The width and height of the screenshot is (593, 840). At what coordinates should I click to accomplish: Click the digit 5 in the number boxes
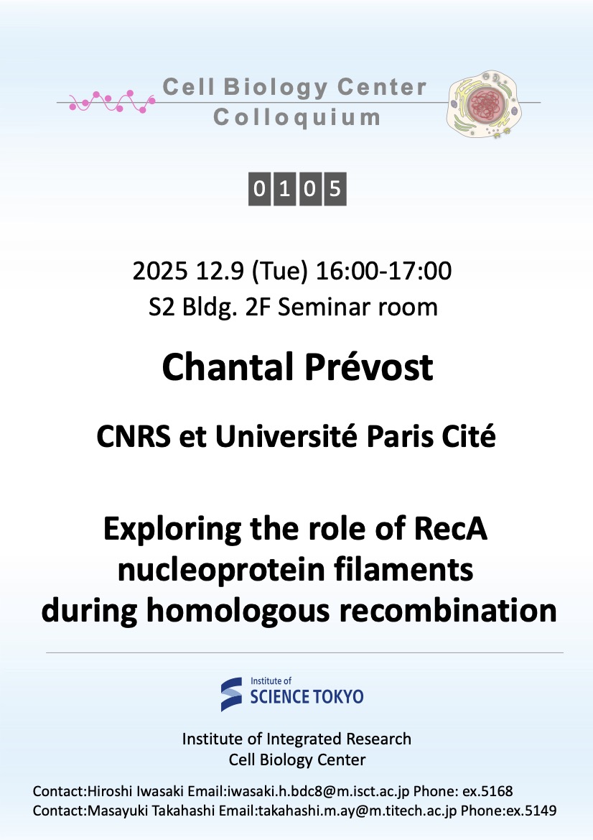(335, 188)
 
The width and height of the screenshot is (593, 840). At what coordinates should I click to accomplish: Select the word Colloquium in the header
(297, 118)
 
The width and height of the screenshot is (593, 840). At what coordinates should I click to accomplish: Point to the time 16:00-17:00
(384, 270)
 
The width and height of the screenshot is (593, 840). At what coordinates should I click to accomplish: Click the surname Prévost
(369, 367)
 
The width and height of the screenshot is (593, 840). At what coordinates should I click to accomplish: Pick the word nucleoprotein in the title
(222, 570)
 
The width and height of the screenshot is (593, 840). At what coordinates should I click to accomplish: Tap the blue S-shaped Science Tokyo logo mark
(232, 694)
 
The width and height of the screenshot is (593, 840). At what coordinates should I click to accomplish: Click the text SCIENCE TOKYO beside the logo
(307, 696)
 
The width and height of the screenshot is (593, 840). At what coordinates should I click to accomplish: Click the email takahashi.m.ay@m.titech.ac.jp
(358, 811)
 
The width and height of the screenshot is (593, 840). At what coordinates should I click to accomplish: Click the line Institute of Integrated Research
(296, 739)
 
